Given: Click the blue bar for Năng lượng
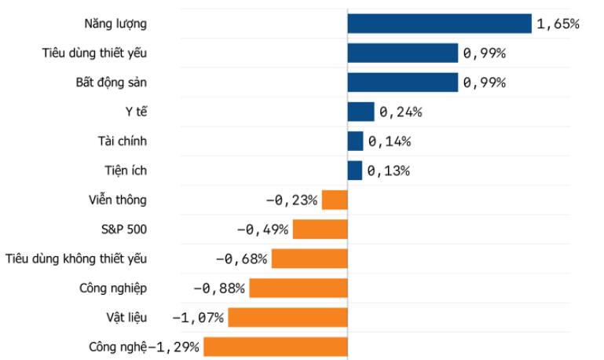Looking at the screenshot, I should click(439, 24).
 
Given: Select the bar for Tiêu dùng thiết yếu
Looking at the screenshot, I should click(402, 53).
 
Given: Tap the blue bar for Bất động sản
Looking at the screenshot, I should click(402, 83).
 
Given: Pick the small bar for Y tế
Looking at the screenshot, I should click(361, 112).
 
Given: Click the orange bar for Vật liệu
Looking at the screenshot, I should click(287, 318).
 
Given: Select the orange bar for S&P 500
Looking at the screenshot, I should click(320, 230).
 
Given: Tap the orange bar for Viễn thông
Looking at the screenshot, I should click(335, 200).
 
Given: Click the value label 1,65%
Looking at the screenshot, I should click(558, 24).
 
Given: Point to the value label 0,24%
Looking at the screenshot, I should click(401, 112).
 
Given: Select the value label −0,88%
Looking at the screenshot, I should click(219, 288).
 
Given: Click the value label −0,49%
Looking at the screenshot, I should click(263, 230).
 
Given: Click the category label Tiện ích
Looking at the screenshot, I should click(125, 171).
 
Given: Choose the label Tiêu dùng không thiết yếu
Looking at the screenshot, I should click(76, 259).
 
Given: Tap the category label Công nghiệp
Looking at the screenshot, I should click(113, 288).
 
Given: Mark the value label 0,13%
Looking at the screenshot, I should click(388, 171).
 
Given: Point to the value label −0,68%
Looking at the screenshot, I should click(241, 259).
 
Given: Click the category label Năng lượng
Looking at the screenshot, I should click(115, 24).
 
